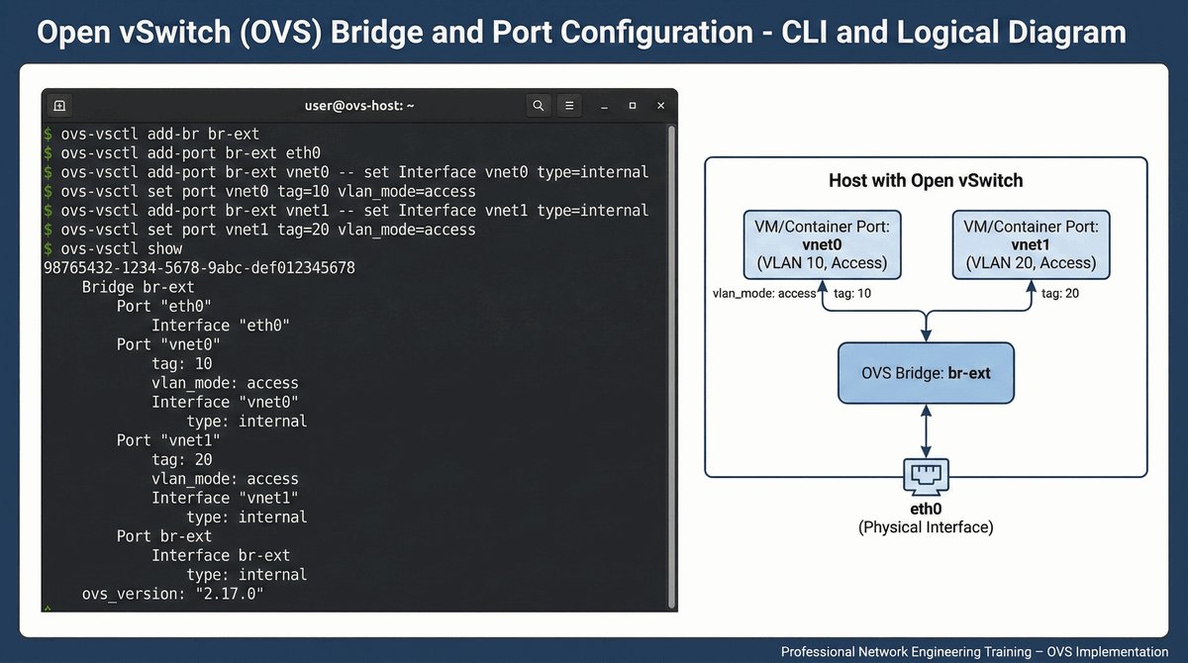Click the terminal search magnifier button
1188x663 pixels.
pos(538,105)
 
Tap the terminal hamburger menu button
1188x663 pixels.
pos(568,105)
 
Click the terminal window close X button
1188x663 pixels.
pos(660,105)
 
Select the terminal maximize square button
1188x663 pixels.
pos(633,105)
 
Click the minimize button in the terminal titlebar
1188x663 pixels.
pos(604,105)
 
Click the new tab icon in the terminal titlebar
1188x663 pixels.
pos(59,105)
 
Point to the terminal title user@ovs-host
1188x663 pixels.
pos(358,105)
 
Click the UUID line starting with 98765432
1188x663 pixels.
pos(199,268)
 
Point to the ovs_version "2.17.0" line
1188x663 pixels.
pos(173,594)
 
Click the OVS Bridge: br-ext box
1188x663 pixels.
pos(926,373)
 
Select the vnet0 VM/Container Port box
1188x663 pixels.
pos(821,244)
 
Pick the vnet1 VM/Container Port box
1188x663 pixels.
pos(1031,244)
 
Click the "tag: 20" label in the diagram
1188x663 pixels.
pos(1058,293)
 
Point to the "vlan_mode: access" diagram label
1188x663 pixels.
pos(764,293)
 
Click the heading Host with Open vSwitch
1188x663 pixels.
pos(926,181)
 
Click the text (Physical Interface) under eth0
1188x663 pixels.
pos(926,528)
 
